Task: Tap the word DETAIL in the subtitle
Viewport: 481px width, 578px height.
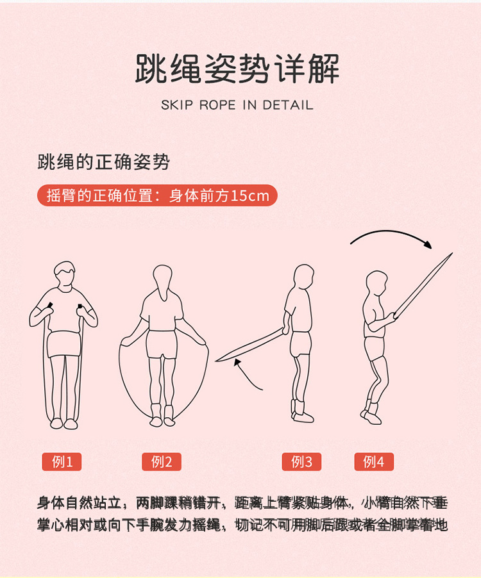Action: (287, 105)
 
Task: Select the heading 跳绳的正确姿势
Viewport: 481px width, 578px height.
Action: (103, 162)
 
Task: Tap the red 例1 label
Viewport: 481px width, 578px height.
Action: (62, 461)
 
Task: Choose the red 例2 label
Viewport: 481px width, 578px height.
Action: (161, 461)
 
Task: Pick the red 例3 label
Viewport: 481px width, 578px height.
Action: (301, 461)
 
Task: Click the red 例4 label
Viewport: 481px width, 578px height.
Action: (374, 461)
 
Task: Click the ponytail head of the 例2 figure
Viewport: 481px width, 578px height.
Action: (163, 280)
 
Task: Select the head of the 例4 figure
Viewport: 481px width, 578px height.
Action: (376, 285)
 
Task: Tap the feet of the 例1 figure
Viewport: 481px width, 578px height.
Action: (63, 423)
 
